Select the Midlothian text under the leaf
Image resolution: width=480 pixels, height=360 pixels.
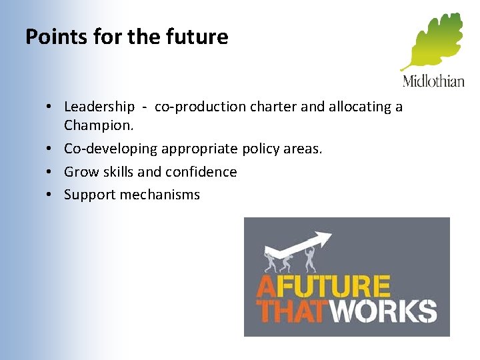pyautogui.click(x=433, y=81)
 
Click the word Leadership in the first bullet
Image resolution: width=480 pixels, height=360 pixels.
pyautogui.click(x=99, y=107)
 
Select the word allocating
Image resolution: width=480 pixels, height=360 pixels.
pyautogui.click(x=359, y=107)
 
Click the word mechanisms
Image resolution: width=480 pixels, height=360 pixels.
pyautogui.click(x=158, y=195)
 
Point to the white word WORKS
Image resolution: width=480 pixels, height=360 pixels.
pyautogui.click(x=383, y=311)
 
